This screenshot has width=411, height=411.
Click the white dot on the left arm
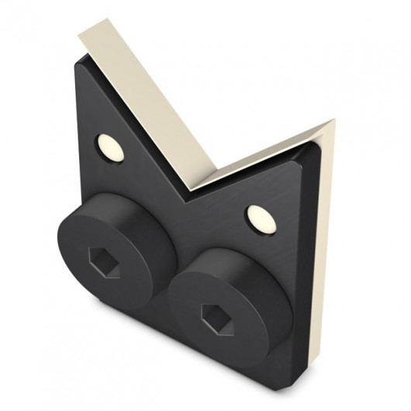108,145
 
